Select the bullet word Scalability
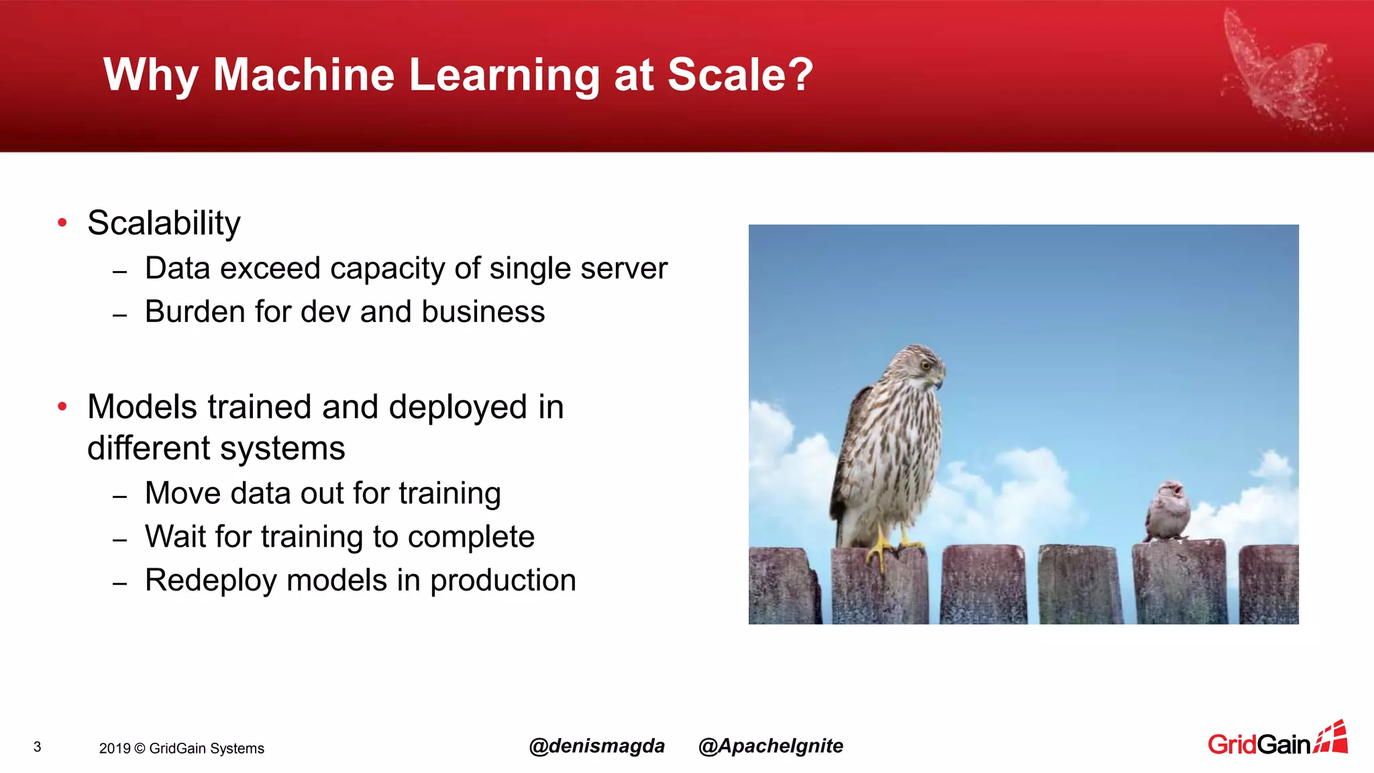pos(164,223)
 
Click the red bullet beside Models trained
pos(62,406)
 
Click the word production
pos(503,581)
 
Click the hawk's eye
pos(926,366)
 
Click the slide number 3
pos(38,747)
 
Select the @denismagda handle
pos(596,746)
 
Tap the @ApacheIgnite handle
pos(770,746)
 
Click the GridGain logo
pos(1277,741)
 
